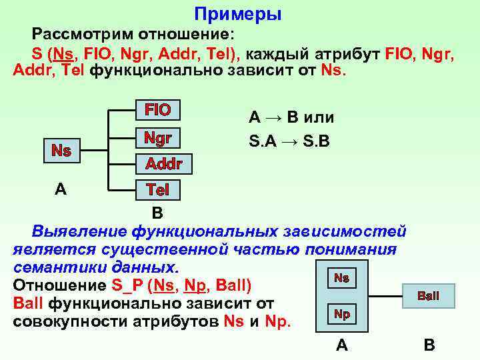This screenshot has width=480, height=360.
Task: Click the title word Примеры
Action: coord(238,14)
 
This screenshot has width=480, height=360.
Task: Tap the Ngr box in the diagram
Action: coord(158,139)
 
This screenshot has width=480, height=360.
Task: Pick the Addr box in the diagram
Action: coord(164,164)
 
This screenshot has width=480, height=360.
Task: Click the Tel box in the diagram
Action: coord(158,190)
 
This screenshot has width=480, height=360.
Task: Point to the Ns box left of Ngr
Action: coord(61,151)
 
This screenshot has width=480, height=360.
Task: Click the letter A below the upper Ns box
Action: coord(61,189)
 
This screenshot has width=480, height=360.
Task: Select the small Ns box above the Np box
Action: coord(341,278)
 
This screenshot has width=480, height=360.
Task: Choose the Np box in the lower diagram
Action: coord(341,314)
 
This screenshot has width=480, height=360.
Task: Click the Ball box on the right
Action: coord(428,295)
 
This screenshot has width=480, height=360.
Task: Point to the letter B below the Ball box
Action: coord(429,345)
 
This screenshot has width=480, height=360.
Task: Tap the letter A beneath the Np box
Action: coord(341,345)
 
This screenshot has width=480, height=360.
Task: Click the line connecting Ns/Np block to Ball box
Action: coord(381,295)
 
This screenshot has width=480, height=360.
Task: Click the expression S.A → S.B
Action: coord(291,142)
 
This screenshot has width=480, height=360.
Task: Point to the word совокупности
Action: coord(72,321)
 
